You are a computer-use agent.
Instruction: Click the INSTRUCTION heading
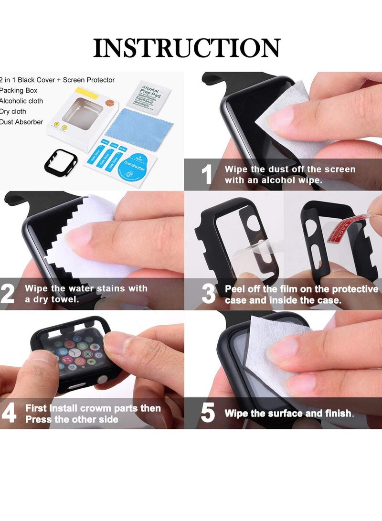pyautogui.click(x=187, y=48)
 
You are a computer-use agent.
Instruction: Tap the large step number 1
pyautogui.click(x=206, y=175)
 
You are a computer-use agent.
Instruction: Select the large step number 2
pyautogui.click(x=8, y=295)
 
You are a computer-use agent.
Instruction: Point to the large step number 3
pyautogui.click(x=209, y=295)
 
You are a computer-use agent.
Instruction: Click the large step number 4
pyautogui.click(x=9, y=414)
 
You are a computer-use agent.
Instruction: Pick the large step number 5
pyautogui.click(x=208, y=414)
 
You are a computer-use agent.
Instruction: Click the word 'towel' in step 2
pyautogui.click(x=64, y=300)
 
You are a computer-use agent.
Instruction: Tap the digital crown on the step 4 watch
pyautogui.click(x=102, y=380)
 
